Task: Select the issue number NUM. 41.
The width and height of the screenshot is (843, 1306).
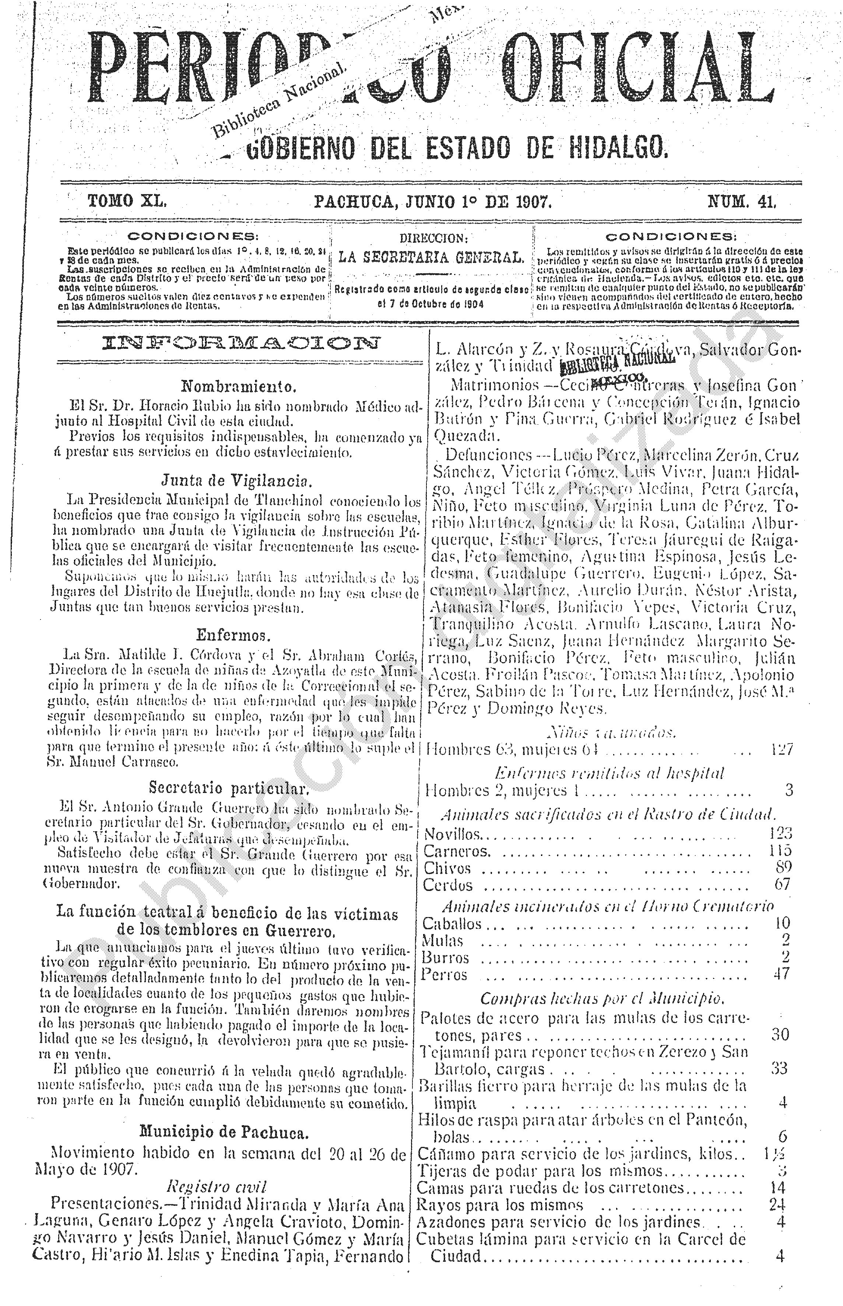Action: pos(742,203)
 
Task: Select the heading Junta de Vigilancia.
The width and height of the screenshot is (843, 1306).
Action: pos(236,481)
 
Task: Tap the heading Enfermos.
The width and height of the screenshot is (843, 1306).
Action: pos(234,635)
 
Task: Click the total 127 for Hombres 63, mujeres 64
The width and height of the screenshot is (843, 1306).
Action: pos(781,749)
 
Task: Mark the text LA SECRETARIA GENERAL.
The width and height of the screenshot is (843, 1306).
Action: pos(431,257)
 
